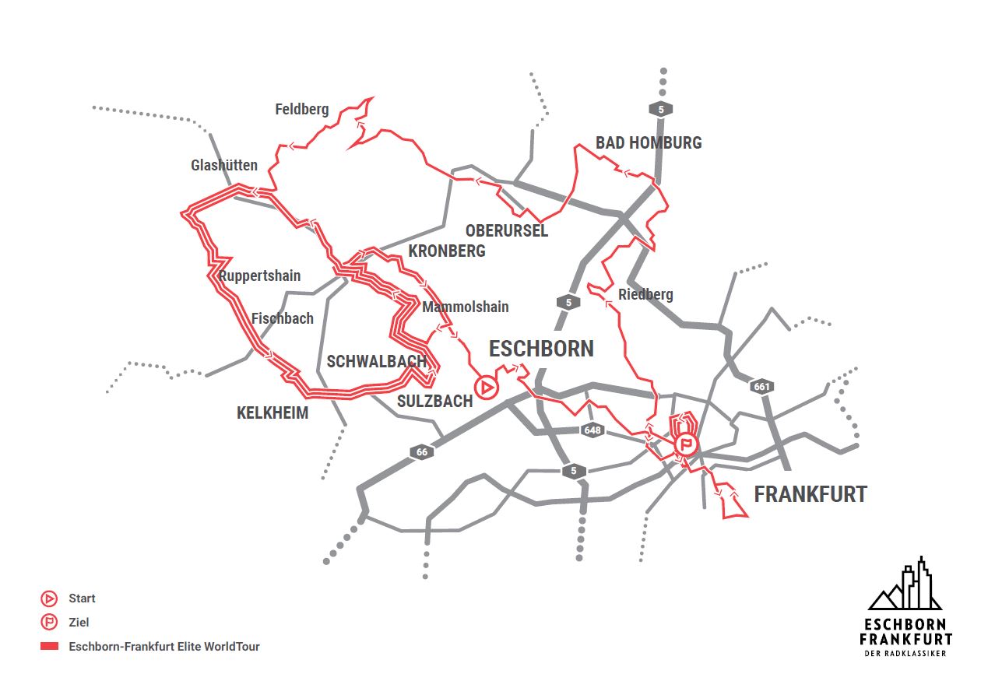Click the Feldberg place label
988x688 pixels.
pyautogui.click(x=302, y=110)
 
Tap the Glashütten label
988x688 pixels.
pyautogui.click(x=224, y=166)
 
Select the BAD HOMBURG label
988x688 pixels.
pyautogui.click(x=649, y=143)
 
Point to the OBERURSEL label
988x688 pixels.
pyautogui.click(x=507, y=231)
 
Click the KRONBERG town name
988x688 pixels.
pyautogui.click(x=447, y=251)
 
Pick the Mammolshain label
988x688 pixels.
pyautogui.click(x=465, y=307)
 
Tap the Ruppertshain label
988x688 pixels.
pyautogui.click(x=259, y=276)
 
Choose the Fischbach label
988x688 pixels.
pyautogui.click(x=283, y=318)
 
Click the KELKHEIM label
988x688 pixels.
pyautogui.click(x=272, y=413)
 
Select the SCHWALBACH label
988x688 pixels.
pyautogui.click(x=377, y=362)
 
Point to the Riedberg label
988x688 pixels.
pyautogui.click(x=645, y=294)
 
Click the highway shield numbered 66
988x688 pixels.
pyautogui.click(x=422, y=452)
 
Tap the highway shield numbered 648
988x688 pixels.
pyautogui.click(x=592, y=430)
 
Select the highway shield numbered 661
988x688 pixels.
pyautogui.click(x=761, y=386)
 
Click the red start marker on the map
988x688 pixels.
pyautogui.click(x=486, y=387)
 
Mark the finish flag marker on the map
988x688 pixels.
pyautogui.click(x=686, y=445)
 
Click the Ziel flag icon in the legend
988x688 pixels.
pyautogui.click(x=49, y=623)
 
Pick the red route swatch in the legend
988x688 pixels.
pyautogui.click(x=50, y=647)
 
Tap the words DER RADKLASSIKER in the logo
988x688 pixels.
pyautogui.click(x=905, y=654)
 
